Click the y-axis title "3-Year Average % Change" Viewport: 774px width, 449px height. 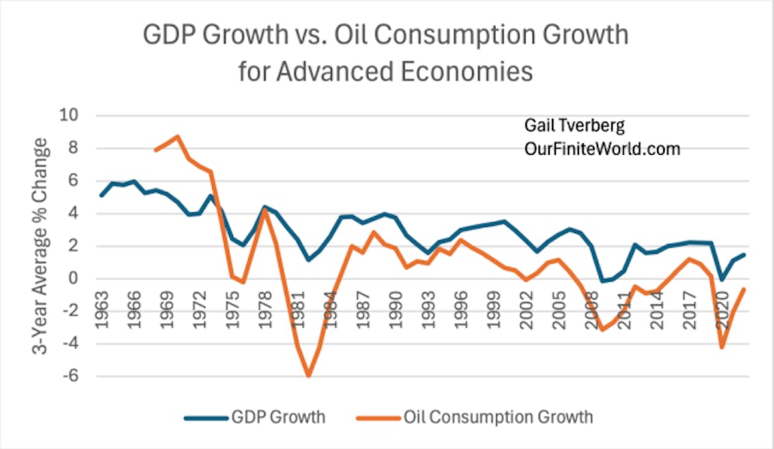[x=37, y=246]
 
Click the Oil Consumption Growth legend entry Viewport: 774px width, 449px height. [x=481, y=417]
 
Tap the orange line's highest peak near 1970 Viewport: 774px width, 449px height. [x=178, y=136]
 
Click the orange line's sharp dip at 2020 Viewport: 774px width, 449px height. [x=722, y=348]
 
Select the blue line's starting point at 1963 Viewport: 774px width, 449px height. [x=101, y=195]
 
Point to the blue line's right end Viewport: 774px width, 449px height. [x=745, y=255]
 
